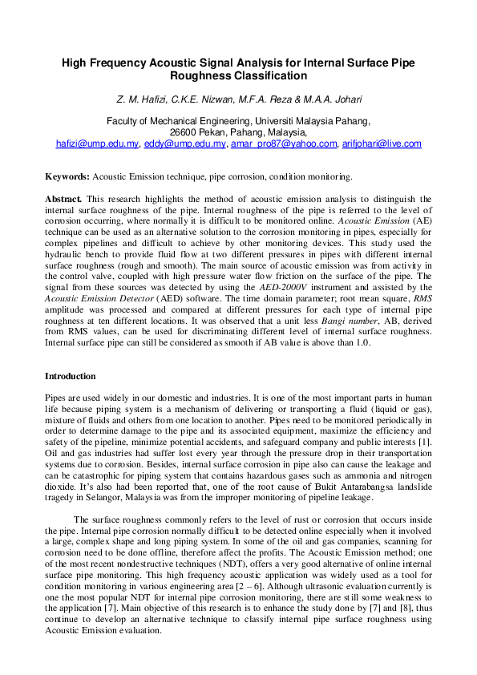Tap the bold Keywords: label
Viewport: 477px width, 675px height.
(67, 176)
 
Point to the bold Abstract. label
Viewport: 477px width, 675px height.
(63, 198)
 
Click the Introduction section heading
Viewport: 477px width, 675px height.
(71, 376)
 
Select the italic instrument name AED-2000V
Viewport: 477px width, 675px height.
(317, 277)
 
